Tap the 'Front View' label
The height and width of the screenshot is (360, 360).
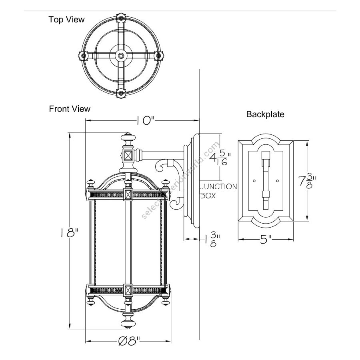point(70,109)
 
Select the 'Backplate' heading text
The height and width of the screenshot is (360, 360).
point(265,114)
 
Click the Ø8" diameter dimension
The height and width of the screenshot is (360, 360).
point(129,341)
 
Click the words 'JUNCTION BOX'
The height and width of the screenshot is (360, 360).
point(218,191)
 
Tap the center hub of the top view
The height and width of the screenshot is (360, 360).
point(121,56)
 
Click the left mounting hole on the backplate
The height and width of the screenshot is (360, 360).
point(254,182)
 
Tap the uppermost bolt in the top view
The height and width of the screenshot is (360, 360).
point(121,18)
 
